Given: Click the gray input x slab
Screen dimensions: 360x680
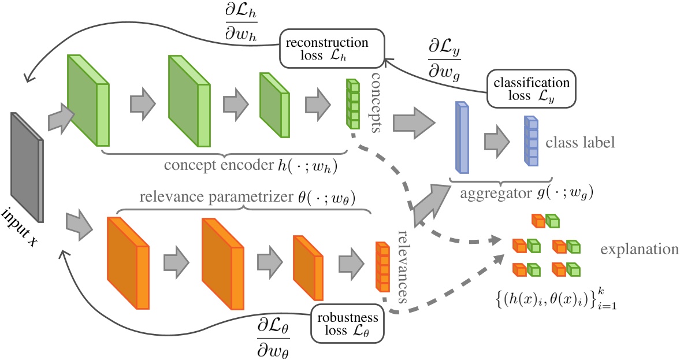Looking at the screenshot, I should coord(27,168).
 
